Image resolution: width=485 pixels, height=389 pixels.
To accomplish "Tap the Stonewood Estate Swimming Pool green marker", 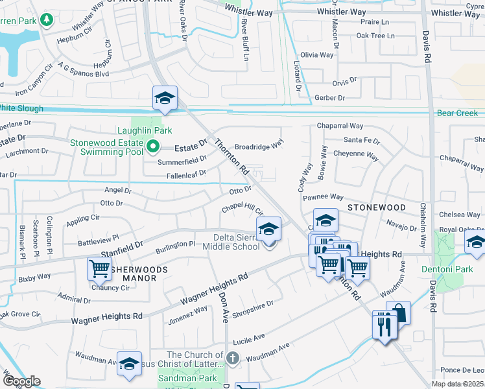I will tap(152, 147).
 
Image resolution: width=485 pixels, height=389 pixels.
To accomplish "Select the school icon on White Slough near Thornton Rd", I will tap(165, 99).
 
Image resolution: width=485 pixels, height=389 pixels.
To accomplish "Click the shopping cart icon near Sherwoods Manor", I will tap(99, 268).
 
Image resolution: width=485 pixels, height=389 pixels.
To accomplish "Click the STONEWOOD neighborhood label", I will tap(376, 207).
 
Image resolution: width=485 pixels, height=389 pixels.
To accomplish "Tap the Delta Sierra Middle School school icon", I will tap(268, 229).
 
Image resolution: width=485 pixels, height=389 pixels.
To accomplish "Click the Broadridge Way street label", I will tap(259, 147).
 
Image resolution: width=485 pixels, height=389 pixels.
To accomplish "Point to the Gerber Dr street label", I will tap(330, 97).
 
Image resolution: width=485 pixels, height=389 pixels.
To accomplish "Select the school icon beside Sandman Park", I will tap(129, 366).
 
